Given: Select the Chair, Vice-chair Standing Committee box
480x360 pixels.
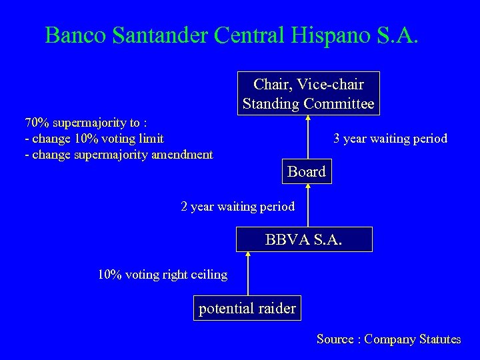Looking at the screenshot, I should [x=308, y=93].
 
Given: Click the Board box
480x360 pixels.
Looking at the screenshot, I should [x=307, y=172].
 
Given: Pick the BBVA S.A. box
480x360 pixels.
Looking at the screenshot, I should [x=304, y=239].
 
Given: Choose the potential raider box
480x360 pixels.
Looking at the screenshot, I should [x=247, y=308].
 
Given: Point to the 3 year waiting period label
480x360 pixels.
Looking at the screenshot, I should [x=390, y=139].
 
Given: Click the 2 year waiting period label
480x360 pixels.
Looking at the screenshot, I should [x=238, y=207].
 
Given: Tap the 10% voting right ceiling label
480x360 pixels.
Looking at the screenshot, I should [x=163, y=274].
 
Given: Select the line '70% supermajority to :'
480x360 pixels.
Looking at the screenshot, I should [x=86, y=123].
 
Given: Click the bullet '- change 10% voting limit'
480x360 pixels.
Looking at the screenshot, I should [x=93, y=139].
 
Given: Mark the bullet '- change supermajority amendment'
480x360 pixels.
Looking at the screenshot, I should [x=118, y=155].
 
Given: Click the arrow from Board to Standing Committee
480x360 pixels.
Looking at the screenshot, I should [x=308, y=137].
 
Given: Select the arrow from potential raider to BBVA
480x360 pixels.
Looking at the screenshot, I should [x=247, y=273].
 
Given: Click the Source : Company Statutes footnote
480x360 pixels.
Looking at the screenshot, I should [x=388, y=339].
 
